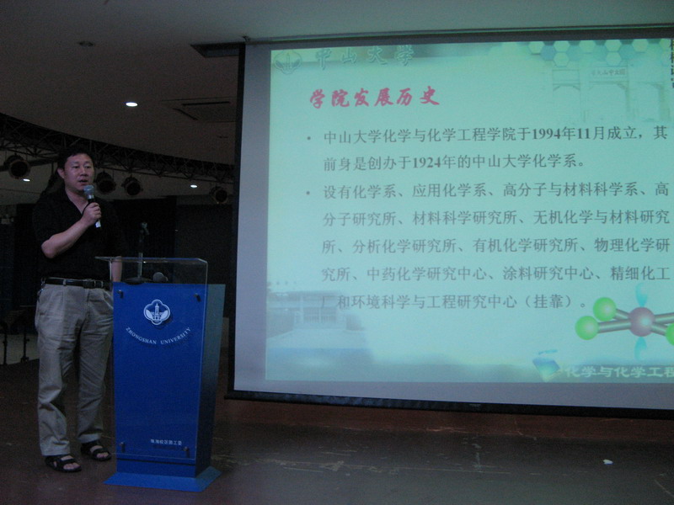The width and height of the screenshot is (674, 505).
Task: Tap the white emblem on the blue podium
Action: [158, 311]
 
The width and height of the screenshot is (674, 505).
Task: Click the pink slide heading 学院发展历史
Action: [374, 96]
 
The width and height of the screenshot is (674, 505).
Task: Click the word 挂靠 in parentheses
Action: [547, 301]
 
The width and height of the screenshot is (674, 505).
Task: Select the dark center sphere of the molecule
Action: [641, 320]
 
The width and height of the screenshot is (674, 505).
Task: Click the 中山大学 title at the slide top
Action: [364, 57]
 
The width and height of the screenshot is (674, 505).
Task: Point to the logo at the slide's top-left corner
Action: [287, 61]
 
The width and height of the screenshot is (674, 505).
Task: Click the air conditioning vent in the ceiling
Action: [201, 109]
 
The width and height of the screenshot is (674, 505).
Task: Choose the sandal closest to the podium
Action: [94, 451]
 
